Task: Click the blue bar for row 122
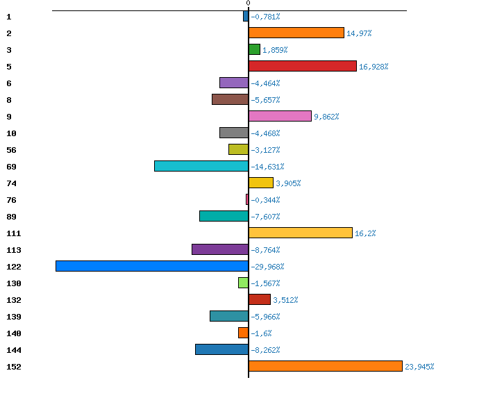pos(152,266)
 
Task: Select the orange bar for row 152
pos(325,366)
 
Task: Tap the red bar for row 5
pos(302,66)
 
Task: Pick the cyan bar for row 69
pos(201,166)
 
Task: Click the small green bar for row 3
pos(254,49)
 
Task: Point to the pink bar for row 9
pos(280,116)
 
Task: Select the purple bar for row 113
pos(220,249)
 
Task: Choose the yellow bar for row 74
pos(260,183)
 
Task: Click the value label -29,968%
pos(267,267)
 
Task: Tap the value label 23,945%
pos(419,367)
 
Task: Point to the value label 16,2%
pos(365,233)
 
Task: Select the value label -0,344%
pos(265,200)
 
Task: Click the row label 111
pos(13,233)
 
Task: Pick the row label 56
pos(11,150)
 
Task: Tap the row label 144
pos(13,350)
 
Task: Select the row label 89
pos(11,217)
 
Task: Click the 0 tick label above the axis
pos(248,3)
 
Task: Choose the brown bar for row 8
pos(230,99)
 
